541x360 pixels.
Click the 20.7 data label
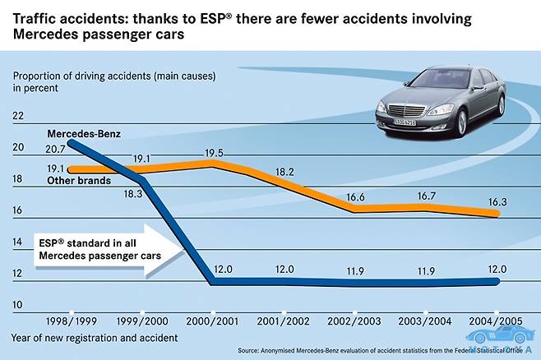pyautogui.click(x=55, y=149)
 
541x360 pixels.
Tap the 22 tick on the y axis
pyautogui.click(x=18, y=117)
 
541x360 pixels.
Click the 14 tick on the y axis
pyautogui.click(x=18, y=242)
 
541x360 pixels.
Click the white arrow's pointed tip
pyautogui.click(x=183, y=246)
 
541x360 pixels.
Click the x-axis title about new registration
pyautogui.click(x=95, y=337)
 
